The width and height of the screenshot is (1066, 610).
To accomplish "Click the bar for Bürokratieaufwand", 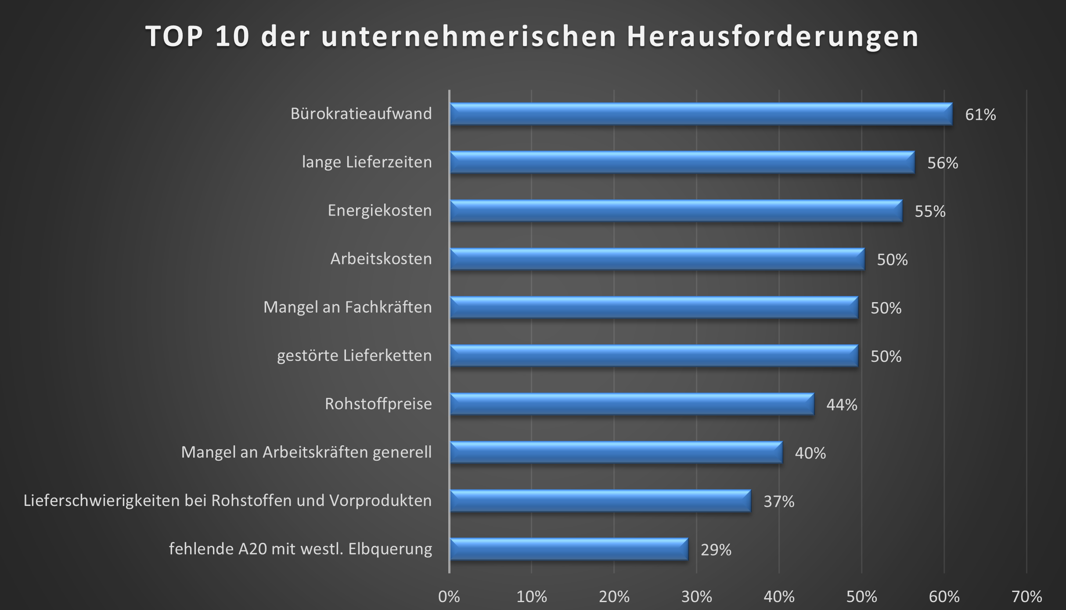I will click(x=701, y=114).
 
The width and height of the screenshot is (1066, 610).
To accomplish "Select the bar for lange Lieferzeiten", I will click(x=682, y=162).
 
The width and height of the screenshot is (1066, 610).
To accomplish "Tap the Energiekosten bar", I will click(x=676, y=211).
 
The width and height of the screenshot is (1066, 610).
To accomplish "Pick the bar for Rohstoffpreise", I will click(x=632, y=404).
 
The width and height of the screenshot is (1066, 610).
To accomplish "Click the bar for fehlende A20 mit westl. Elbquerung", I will click(x=569, y=549).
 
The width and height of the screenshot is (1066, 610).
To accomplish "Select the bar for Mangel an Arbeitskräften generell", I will click(x=616, y=452).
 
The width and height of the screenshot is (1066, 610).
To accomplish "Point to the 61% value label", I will click(x=980, y=115).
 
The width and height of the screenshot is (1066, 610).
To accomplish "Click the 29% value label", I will click(x=716, y=550).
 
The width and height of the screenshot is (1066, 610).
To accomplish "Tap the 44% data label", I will click(x=841, y=404).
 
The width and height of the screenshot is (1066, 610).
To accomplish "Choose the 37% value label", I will click(x=778, y=501).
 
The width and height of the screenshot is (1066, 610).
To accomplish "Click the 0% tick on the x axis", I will click(x=449, y=597).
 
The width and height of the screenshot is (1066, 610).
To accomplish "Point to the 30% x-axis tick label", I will click(x=696, y=597).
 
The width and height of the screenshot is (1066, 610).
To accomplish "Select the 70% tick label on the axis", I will click(x=1026, y=597).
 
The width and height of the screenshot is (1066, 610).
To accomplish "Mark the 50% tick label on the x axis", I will click(x=861, y=597).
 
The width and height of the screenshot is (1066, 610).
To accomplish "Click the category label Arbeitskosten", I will click(x=381, y=259).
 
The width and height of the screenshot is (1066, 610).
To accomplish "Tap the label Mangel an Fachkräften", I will click(x=347, y=307).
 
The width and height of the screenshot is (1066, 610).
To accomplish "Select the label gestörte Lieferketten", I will click(x=354, y=355).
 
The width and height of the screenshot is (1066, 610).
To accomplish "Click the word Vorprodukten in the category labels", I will click(x=380, y=501).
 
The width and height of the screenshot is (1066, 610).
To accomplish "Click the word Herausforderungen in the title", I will click(x=773, y=36).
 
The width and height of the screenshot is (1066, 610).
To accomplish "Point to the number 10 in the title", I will click(x=232, y=36).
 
